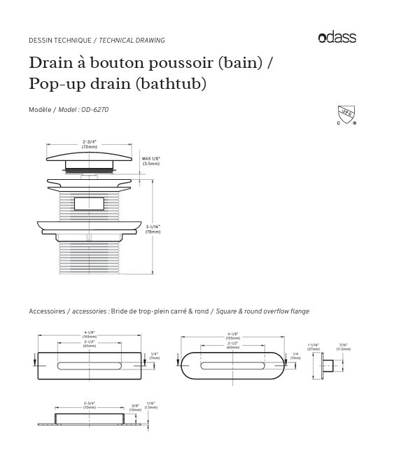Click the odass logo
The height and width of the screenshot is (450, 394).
pos(337,38)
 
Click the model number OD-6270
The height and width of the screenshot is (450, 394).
pos(94,110)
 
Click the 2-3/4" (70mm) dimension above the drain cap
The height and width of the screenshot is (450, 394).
pos(90,146)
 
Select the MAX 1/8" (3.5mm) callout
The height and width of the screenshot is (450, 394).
pos(151,161)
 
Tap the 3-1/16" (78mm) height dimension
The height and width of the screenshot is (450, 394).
pos(153,228)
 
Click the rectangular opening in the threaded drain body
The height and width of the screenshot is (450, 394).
pos(89,204)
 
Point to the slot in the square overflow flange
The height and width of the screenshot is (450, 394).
pos(90,365)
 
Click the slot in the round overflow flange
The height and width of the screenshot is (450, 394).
pos(232,365)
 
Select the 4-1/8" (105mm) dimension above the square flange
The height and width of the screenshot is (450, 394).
pos(90,335)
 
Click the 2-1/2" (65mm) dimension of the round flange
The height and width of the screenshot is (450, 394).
pos(232,345)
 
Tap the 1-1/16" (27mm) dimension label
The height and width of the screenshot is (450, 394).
pos(314,346)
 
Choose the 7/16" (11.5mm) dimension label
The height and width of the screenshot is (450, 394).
pos(343,346)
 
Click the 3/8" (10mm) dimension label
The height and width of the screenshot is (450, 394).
pos(134,407)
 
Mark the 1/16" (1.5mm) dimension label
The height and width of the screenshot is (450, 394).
pos(151,405)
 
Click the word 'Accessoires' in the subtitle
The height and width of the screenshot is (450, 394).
pos(46,311)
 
